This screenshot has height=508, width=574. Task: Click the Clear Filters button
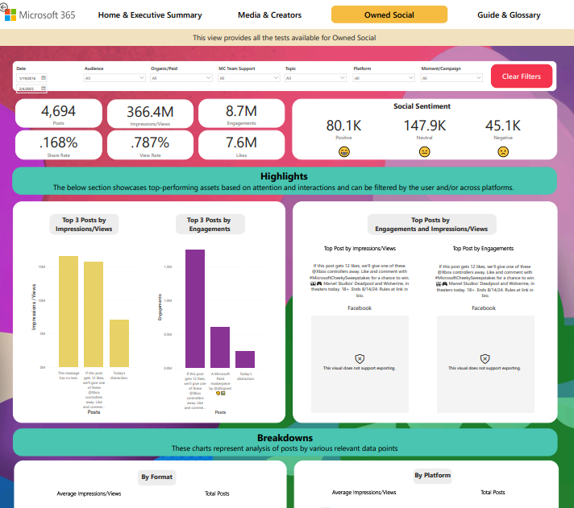pyautogui.click(x=522, y=76)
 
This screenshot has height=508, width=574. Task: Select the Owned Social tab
pyautogui.click(x=389, y=14)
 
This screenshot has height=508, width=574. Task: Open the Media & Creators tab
pyautogui.click(x=269, y=14)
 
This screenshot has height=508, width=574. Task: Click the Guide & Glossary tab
pyautogui.click(x=509, y=14)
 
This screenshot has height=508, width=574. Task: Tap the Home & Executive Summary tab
pyautogui.click(x=150, y=14)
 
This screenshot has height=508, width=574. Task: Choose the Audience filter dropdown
pyautogui.click(x=113, y=78)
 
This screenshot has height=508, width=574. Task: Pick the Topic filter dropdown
pyautogui.click(x=314, y=78)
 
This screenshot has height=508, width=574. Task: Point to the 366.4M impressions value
pyautogui.click(x=150, y=112)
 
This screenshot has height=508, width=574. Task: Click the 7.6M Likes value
pyautogui.click(x=241, y=142)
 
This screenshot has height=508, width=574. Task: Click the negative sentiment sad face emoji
pyautogui.click(x=503, y=151)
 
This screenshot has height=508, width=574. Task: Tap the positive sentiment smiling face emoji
pyautogui.click(x=344, y=151)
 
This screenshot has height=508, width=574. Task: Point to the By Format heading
pyautogui.click(x=156, y=477)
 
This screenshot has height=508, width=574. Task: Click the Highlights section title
pyautogui.click(x=284, y=176)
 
